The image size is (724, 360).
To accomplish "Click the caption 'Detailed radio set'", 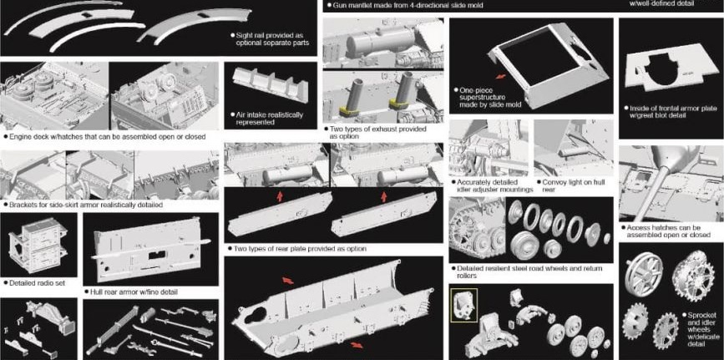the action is point(34,283).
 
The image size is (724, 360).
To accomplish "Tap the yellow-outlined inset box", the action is point(464,305).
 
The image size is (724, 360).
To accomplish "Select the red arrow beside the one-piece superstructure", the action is point(500,76).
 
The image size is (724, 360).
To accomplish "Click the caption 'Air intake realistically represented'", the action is point(266,119).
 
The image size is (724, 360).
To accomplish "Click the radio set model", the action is point(38,246).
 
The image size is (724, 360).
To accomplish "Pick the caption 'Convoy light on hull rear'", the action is point(574,185).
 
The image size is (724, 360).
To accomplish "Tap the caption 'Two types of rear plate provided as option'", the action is point(297,249).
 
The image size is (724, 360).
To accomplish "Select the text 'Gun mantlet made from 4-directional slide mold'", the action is point(404,6).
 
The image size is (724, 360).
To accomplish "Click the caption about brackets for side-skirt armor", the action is point(83,205).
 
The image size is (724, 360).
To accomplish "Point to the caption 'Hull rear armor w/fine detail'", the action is point(131,292).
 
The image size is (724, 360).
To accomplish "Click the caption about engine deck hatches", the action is point(104,137).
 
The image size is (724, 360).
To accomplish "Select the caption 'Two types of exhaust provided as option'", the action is point(375,133).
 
